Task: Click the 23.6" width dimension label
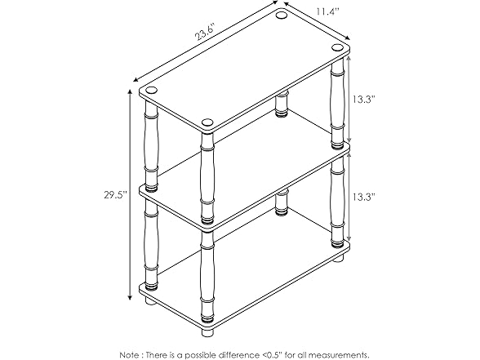(x=204, y=37)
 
